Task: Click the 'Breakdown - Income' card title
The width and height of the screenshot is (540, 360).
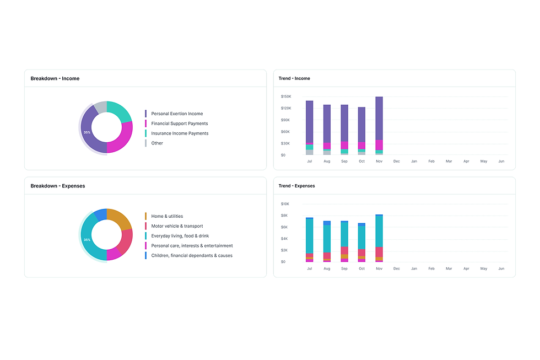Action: point(55,78)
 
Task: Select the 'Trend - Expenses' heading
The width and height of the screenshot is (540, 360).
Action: point(296,186)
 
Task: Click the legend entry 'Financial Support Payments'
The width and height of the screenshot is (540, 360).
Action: point(180,123)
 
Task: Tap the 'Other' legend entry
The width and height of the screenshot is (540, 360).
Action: point(156,143)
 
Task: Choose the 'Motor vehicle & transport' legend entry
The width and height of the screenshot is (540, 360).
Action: point(177,227)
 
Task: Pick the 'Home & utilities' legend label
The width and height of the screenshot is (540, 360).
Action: point(167,216)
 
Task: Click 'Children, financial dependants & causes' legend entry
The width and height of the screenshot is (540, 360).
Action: point(192,256)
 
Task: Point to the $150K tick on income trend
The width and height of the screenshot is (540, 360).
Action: point(286,96)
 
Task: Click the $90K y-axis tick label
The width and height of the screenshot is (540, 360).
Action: point(285,120)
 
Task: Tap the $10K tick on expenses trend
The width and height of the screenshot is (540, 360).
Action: point(285,204)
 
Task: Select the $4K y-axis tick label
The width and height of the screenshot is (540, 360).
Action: point(284,239)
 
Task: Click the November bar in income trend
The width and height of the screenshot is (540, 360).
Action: point(379,126)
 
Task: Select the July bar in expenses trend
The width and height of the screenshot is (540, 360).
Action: point(310,240)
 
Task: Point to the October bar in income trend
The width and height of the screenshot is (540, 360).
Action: point(361,131)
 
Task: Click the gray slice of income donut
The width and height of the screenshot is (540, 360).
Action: point(100,107)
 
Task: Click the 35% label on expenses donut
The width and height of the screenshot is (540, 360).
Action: point(87,240)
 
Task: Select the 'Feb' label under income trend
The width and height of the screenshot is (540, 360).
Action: point(431,161)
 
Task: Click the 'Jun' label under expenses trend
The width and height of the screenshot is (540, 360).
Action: point(501,268)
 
